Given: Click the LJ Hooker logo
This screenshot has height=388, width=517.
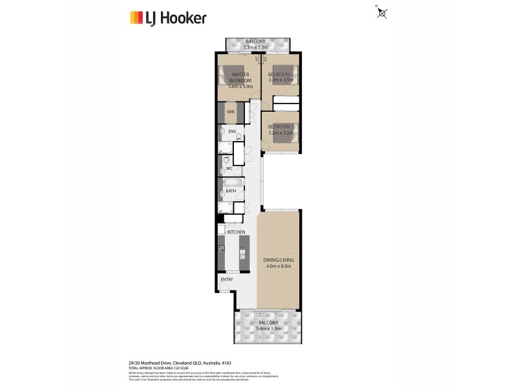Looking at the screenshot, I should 168,17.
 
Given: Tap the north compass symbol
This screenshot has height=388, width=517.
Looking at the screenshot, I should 382,12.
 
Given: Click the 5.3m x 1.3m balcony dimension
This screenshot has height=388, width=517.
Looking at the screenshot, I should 258,47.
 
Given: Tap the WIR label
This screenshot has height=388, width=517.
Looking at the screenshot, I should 230,112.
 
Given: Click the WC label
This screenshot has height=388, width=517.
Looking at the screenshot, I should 229,169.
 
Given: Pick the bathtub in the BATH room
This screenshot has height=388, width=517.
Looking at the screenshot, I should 230,191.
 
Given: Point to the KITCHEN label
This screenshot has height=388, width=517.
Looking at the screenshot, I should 235,232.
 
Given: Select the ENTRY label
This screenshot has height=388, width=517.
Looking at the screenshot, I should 226,279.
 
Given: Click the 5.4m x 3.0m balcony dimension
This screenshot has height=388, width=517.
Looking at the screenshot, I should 268,329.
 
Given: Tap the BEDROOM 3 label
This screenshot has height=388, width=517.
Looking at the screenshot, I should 281,126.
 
